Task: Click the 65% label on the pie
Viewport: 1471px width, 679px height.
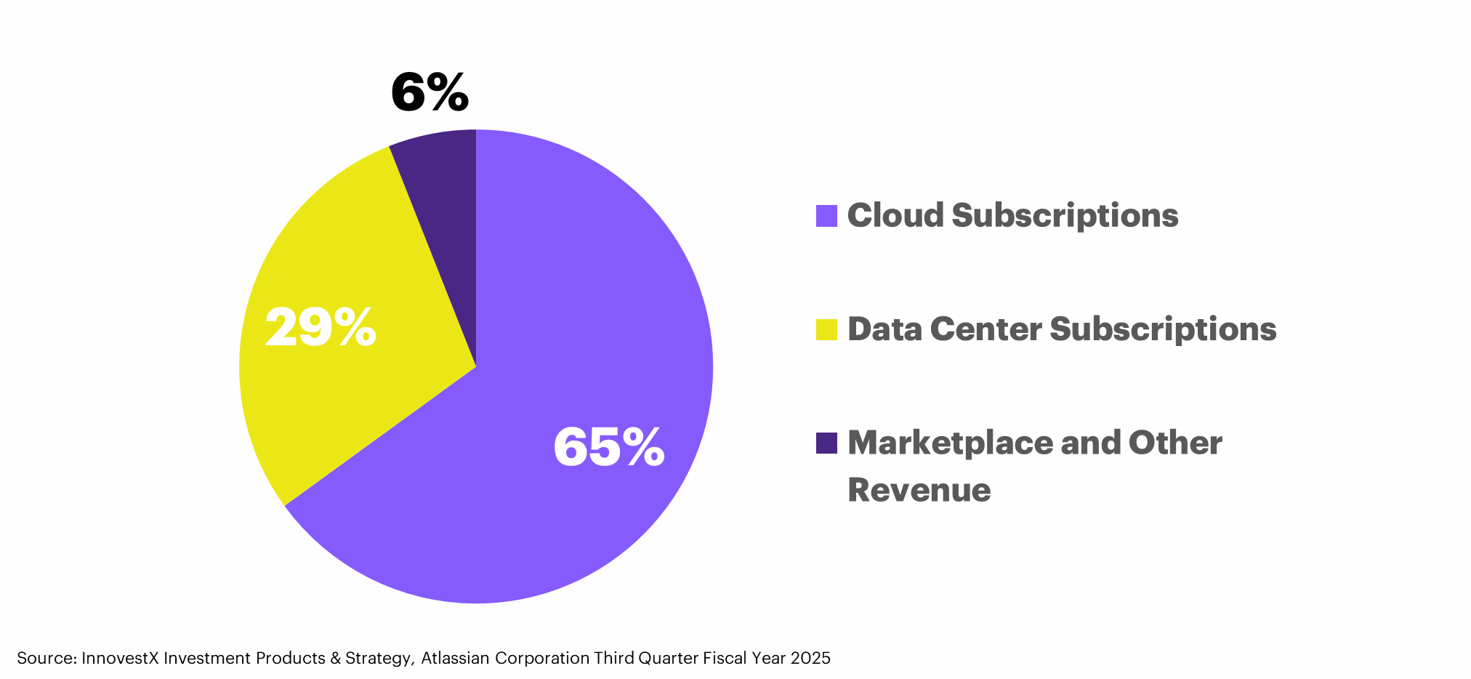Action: [609, 447]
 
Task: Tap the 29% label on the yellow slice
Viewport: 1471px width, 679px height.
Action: [321, 327]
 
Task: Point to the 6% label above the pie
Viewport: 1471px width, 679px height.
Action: [430, 92]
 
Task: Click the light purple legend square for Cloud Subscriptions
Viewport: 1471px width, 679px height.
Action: [826, 216]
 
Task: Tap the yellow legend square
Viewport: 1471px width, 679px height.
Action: [826, 329]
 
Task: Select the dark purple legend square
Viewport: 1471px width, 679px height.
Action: [826, 443]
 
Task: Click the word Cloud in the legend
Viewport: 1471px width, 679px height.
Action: [895, 215]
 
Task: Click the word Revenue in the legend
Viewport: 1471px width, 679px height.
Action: [919, 489]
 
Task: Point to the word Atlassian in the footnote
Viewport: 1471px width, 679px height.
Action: [456, 658]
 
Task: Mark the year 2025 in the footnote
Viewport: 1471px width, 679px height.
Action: [810, 658]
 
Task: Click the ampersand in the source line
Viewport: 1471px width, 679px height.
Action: [335, 658]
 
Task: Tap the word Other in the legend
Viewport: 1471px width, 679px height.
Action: [1175, 443]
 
